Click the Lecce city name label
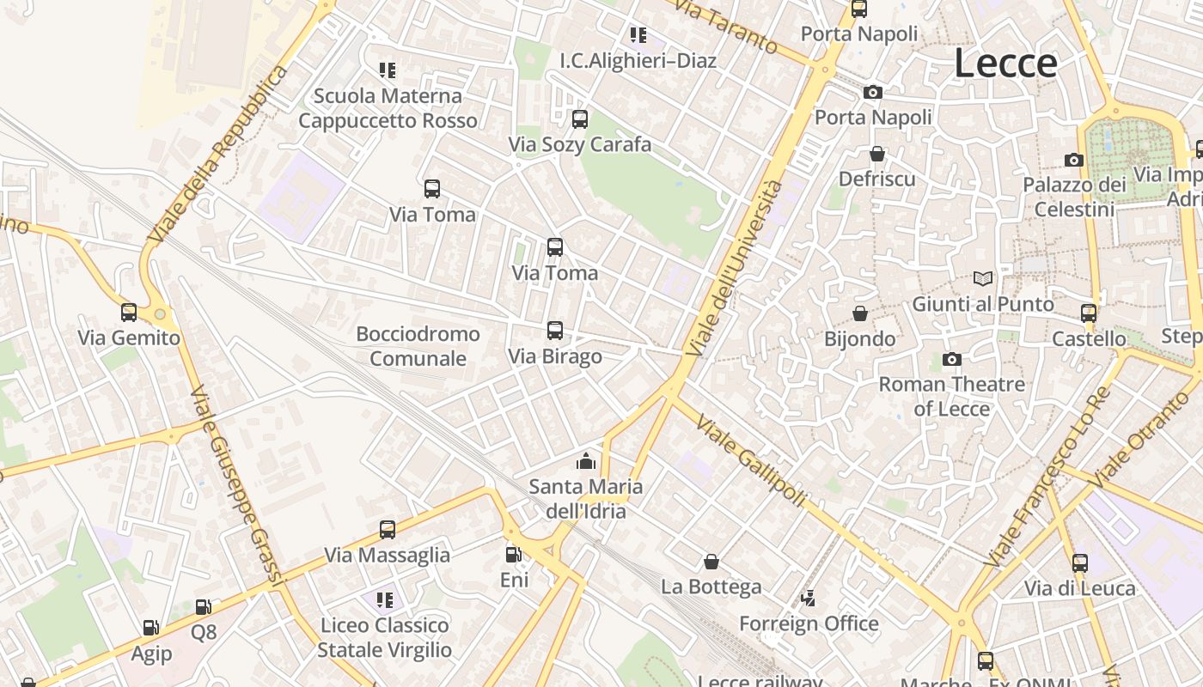pyautogui.click(x=1005, y=64)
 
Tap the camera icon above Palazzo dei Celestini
pyautogui.click(x=1073, y=160)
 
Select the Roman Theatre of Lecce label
pyautogui.click(x=951, y=396)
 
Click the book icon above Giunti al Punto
pyautogui.click(x=983, y=278)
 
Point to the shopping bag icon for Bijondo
pyautogui.click(x=859, y=313)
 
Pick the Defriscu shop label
pyautogui.click(x=876, y=179)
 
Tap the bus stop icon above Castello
pyautogui.click(x=1089, y=313)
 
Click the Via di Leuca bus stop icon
pyautogui.click(x=1079, y=563)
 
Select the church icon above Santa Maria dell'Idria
pyautogui.click(x=586, y=461)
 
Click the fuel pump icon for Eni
pyautogui.click(x=514, y=555)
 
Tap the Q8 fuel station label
pyautogui.click(x=204, y=633)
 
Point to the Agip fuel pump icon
pyautogui.click(x=151, y=629)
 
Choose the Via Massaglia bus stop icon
pyautogui.click(x=388, y=530)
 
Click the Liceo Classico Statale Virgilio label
pyautogui.click(x=384, y=637)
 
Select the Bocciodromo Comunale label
pyautogui.click(x=418, y=345)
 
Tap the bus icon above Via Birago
pyautogui.click(x=555, y=331)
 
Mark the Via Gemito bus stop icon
pyautogui.click(x=129, y=313)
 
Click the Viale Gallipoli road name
pyautogui.click(x=750, y=460)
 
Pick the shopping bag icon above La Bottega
pyautogui.click(x=711, y=562)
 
